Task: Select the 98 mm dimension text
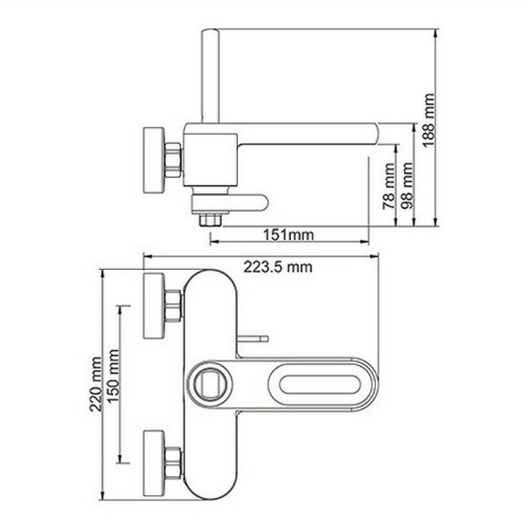(408, 186)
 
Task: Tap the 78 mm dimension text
(388, 194)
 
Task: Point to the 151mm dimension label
(290, 235)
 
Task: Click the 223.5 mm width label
(278, 265)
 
